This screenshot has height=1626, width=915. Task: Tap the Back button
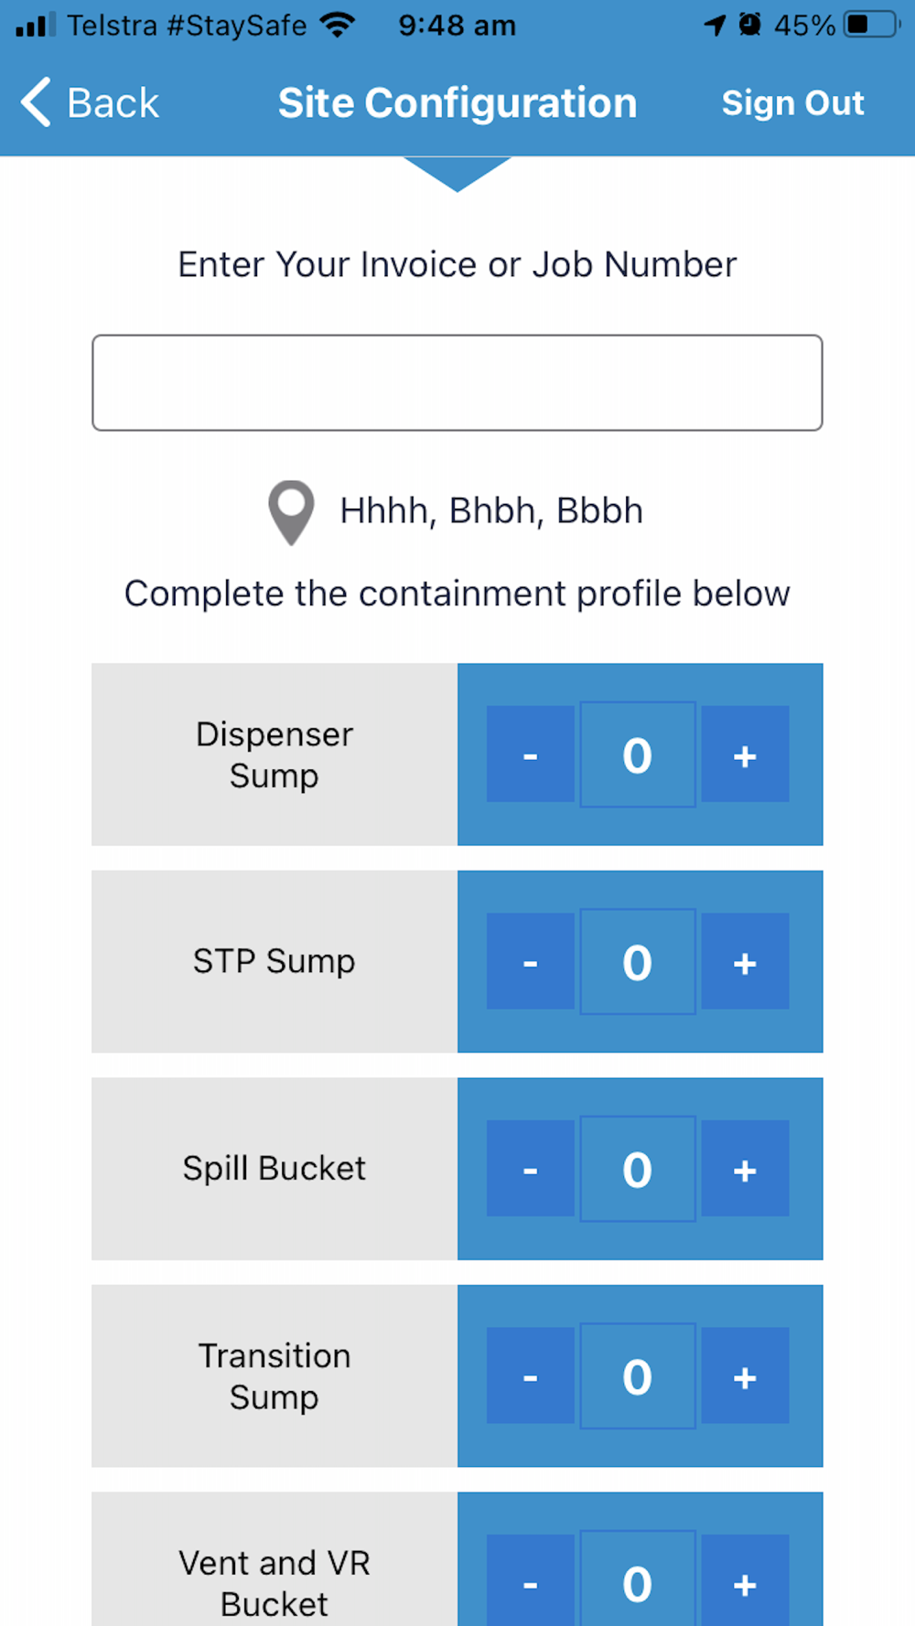click(90, 102)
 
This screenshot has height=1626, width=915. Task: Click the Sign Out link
click(792, 102)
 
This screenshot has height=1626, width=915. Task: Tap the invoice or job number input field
click(457, 382)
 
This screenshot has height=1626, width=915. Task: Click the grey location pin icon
click(291, 512)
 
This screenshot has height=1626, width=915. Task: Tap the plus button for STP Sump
click(745, 961)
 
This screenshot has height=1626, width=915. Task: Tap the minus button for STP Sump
click(530, 961)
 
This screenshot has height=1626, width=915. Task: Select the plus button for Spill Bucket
click(745, 1169)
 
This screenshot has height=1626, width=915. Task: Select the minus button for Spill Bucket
click(530, 1169)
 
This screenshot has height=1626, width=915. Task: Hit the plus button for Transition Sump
click(745, 1375)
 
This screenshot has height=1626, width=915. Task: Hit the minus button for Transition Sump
click(530, 1375)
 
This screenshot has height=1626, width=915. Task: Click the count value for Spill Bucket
click(638, 1169)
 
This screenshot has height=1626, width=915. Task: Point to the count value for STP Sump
click(638, 961)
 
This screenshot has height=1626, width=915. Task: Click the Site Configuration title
click(457, 102)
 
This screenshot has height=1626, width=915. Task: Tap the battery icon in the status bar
click(872, 25)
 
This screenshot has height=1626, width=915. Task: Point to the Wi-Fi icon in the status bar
click(338, 25)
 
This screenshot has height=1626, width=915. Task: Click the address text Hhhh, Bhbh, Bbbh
click(491, 510)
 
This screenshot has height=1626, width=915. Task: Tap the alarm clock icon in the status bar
click(750, 24)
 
